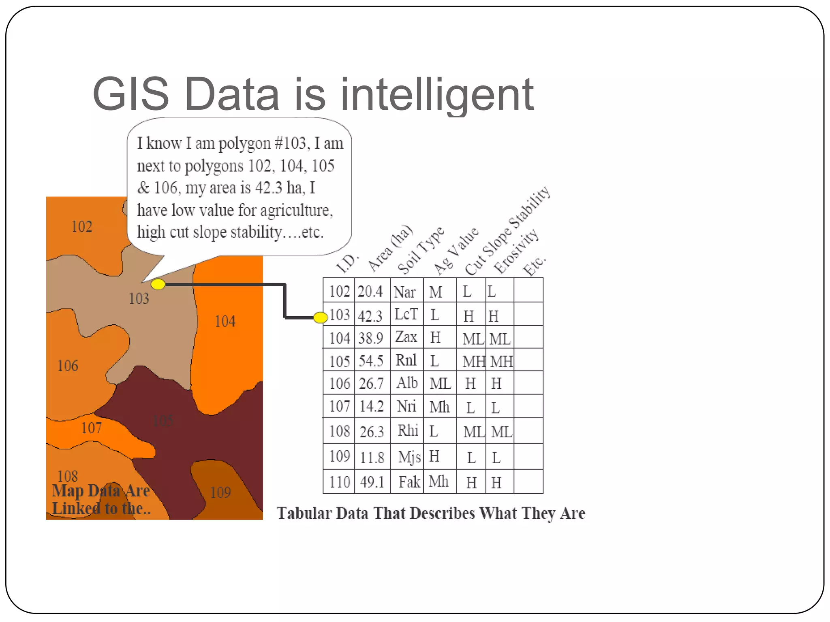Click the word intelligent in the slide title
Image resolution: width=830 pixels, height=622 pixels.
click(x=437, y=95)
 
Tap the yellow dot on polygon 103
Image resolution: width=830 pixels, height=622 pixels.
click(x=158, y=284)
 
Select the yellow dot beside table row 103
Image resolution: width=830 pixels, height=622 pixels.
click(x=321, y=317)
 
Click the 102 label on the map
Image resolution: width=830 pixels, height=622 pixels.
click(x=82, y=227)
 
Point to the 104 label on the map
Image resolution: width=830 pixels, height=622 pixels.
click(x=225, y=322)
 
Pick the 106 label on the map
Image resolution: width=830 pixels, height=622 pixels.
click(x=68, y=366)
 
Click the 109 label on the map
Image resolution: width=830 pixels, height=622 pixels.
click(x=220, y=492)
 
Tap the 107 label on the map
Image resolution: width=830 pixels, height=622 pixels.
click(x=92, y=428)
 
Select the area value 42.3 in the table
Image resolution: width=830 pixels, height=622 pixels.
click(x=370, y=316)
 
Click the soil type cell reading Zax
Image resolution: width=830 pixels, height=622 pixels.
click(x=406, y=337)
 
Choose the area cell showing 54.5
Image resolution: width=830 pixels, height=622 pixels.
click(x=371, y=361)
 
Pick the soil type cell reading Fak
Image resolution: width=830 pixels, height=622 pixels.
click(x=409, y=482)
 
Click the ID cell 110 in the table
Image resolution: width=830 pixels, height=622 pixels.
click(x=340, y=482)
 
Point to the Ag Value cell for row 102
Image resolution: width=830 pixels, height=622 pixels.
click(x=436, y=292)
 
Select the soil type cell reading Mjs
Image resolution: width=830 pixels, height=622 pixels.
click(x=409, y=457)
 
